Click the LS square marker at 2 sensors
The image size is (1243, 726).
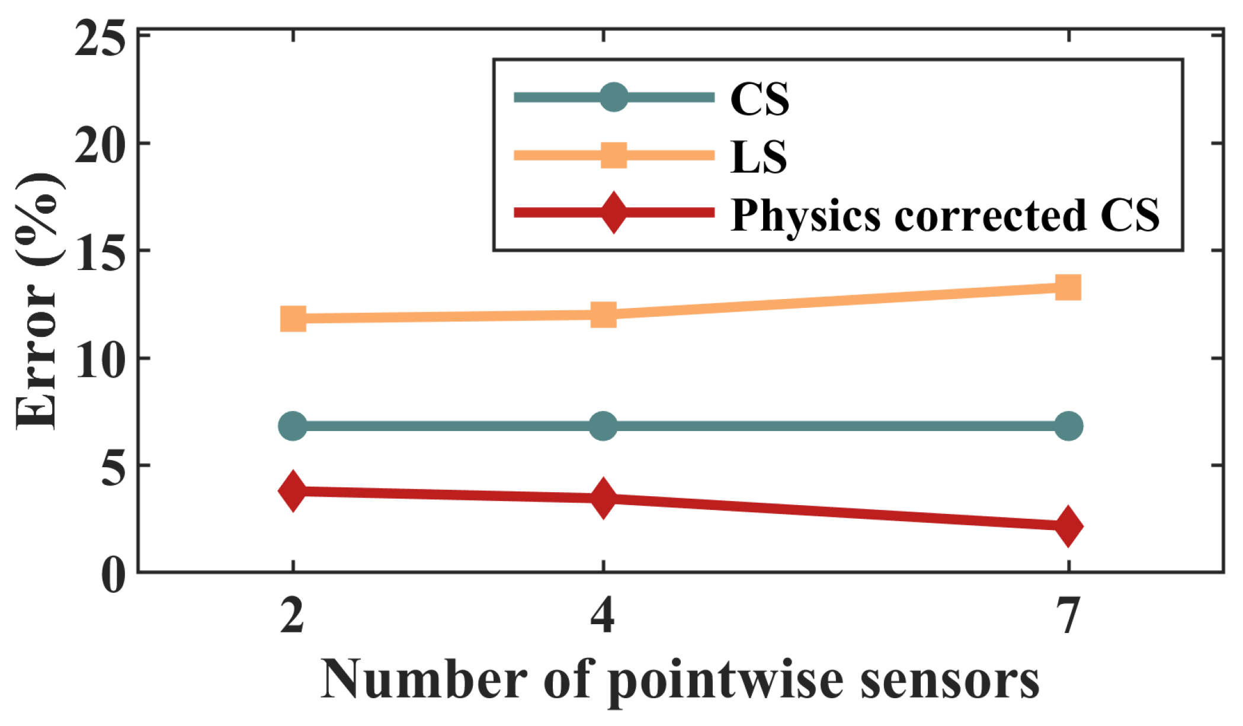coord(293,319)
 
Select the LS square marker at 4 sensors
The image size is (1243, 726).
coord(603,314)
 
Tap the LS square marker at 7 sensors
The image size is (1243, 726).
coord(1068,288)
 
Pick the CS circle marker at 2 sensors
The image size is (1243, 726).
coord(293,426)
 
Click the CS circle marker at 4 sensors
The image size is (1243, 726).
coord(603,426)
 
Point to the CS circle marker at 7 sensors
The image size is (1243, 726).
coord(1068,426)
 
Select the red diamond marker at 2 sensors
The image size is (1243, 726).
coord(293,490)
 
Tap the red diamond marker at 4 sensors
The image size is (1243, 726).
coord(603,497)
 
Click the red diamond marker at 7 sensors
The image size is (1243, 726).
coord(1068,526)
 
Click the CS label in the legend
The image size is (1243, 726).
coord(760,99)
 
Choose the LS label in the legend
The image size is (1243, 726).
coord(758,156)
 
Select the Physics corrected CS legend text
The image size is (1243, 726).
coord(945,216)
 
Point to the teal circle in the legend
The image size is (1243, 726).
coord(614,97)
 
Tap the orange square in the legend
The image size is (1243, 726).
coord(614,155)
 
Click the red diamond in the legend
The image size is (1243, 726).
coord(614,212)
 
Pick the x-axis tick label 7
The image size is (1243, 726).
coord(1068,615)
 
